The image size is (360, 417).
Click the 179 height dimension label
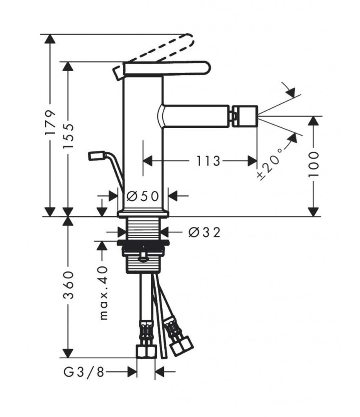click(x=50, y=122)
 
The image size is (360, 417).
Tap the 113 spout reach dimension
click(x=208, y=161)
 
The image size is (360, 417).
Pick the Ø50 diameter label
click(x=142, y=196)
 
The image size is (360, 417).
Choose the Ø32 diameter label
click(x=205, y=233)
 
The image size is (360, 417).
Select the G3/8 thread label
click(x=84, y=372)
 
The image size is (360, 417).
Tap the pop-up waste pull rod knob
click(x=97, y=155)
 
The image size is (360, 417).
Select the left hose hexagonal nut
click(x=146, y=351)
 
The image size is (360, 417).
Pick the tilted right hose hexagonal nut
click(x=181, y=346)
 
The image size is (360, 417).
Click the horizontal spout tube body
click(x=196, y=116)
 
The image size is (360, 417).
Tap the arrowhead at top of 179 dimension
click(x=50, y=39)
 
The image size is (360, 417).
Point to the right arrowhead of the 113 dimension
click(x=252, y=161)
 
